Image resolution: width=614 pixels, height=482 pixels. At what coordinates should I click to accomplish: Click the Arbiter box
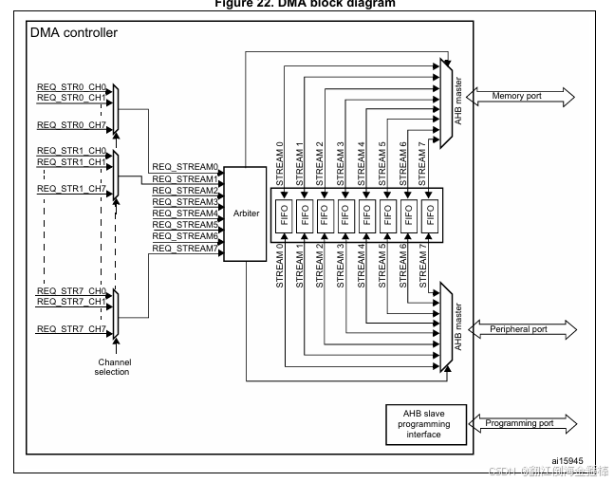coord(246,214)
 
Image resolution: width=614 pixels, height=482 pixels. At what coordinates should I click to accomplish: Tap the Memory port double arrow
coord(518,97)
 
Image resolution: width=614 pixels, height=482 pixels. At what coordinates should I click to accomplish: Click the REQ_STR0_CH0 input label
coord(71,87)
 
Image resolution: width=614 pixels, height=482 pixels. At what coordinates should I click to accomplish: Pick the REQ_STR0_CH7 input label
coord(71,124)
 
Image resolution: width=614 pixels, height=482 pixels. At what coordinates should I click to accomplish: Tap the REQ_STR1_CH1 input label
coord(71,162)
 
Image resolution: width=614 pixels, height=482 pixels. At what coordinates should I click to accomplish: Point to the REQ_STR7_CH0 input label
coord(71,290)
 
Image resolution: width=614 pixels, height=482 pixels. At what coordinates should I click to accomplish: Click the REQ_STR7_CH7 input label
coord(71,328)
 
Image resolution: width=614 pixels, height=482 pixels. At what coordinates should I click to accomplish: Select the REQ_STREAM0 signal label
coord(185,167)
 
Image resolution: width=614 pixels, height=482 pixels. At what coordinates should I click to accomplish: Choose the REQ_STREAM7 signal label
coord(185,248)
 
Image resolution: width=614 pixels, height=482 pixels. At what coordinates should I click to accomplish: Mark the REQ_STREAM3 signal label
coord(185,201)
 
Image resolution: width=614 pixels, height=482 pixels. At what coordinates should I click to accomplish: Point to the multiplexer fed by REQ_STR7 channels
coord(115,315)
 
